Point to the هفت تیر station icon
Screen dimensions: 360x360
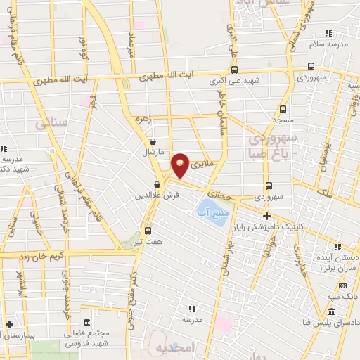pos(148,230)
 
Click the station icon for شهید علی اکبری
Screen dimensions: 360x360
pos(233,70)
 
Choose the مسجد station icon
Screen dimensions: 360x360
pos(283,109)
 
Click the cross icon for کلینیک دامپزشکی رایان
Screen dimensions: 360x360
pos(266,216)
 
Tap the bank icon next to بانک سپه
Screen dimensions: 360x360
pos(342,285)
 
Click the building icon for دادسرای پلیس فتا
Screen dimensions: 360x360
pos(331,313)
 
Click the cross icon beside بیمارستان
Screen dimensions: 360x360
pos(8,325)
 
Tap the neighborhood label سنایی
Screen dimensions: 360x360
pos(50,124)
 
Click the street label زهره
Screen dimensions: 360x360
pos(144,119)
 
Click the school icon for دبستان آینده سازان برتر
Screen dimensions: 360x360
pos(339,247)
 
